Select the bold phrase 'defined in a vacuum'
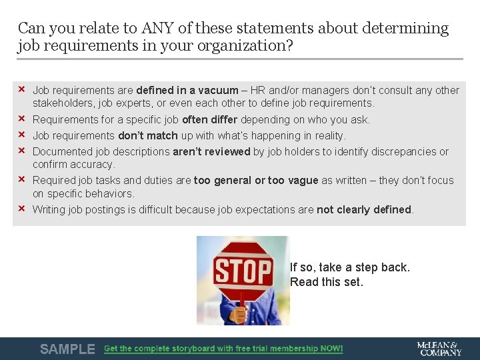(x=187, y=90)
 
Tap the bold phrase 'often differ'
(x=209, y=120)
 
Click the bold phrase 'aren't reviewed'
(x=211, y=152)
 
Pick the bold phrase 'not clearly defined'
(x=364, y=210)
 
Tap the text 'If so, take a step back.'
(x=350, y=267)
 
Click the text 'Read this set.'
(x=327, y=282)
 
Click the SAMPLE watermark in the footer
(x=67, y=349)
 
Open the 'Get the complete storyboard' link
(x=223, y=349)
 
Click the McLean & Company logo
(x=439, y=349)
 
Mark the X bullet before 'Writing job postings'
(x=21, y=209)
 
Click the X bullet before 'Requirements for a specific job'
(x=21, y=119)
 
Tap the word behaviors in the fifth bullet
(x=111, y=194)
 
